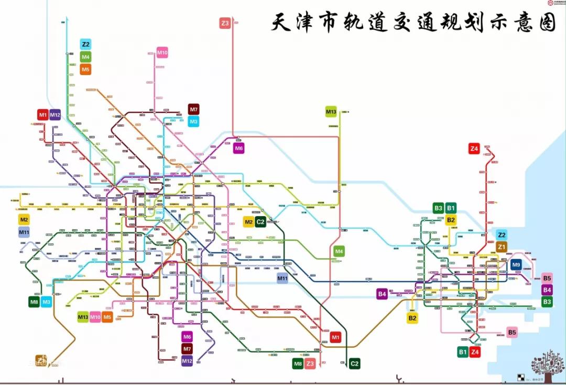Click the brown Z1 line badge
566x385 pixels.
[x=502, y=247]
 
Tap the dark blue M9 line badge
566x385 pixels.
[x=516, y=265]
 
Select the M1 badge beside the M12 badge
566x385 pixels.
[x=43, y=115]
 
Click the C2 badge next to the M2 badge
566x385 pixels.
[x=260, y=222]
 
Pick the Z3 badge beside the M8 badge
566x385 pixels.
[x=310, y=363]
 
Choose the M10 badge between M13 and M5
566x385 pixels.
[x=95, y=317]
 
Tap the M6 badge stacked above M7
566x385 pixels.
[x=187, y=337]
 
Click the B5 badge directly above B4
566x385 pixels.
[x=547, y=278]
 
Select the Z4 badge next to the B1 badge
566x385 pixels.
[x=475, y=352]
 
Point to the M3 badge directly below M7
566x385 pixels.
[x=194, y=122]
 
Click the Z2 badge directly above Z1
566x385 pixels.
[x=502, y=234]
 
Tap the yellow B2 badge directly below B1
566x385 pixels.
[x=451, y=220]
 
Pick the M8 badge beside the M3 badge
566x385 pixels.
[x=34, y=302]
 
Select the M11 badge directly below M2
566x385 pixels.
[x=24, y=232]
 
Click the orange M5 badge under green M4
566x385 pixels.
[x=85, y=69]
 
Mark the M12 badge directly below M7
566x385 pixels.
[x=187, y=361]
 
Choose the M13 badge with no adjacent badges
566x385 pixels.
[x=331, y=112]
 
